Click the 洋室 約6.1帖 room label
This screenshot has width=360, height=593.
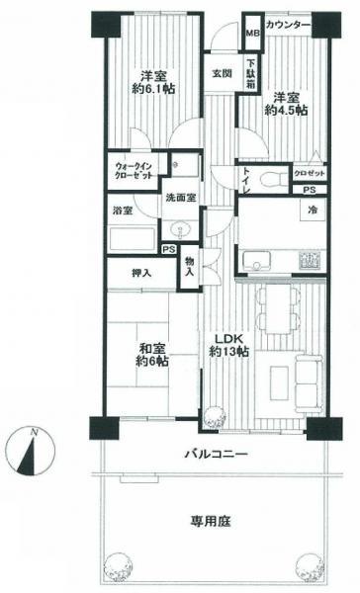151,83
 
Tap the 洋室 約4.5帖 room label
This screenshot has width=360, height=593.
285,104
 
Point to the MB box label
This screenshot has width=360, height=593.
252,34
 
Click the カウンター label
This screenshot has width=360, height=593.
290,23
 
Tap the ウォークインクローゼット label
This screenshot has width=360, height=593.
132,170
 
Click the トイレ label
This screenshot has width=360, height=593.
246,180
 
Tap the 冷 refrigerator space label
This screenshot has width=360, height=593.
313,211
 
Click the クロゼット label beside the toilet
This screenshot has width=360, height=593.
311,173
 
